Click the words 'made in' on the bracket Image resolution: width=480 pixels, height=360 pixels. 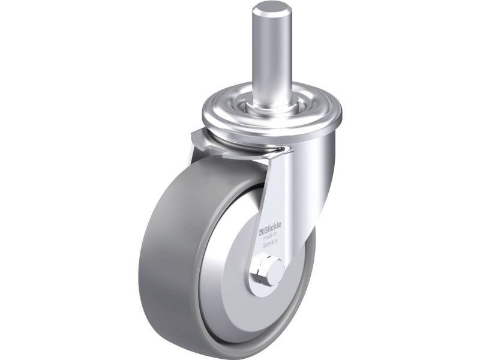tap(270, 236)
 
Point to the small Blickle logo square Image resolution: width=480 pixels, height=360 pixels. tap(262, 231)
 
